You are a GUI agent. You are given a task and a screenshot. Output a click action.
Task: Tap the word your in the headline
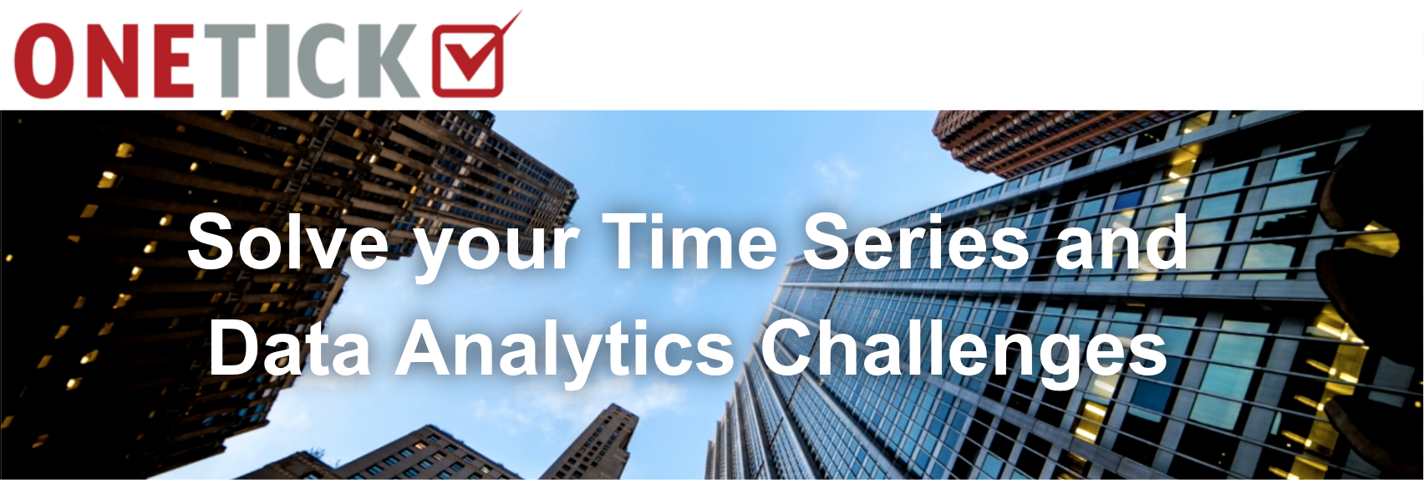(496, 248)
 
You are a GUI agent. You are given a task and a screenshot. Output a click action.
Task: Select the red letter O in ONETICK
(42, 60)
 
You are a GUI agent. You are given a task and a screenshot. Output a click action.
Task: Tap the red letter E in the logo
(174, 61)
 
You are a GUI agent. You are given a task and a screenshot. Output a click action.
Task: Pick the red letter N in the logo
(109, 61)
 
